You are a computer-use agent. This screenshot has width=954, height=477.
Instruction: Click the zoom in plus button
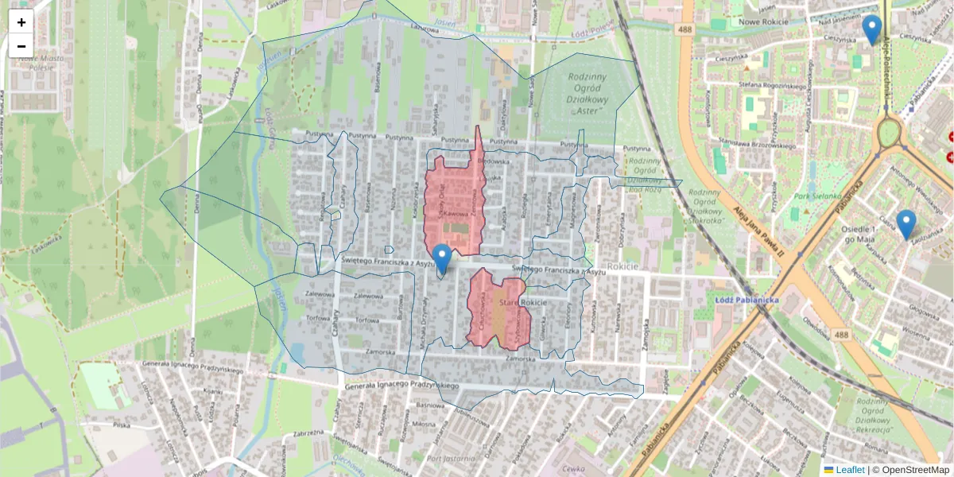[21, 22]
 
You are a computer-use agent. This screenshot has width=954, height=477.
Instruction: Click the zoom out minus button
[21, 46]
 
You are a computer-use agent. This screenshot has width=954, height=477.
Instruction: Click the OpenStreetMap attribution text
[911, 470]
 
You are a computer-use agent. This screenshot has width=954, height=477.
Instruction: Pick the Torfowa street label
[367, 321]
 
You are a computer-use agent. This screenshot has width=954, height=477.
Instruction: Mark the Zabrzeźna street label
[311, 433]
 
